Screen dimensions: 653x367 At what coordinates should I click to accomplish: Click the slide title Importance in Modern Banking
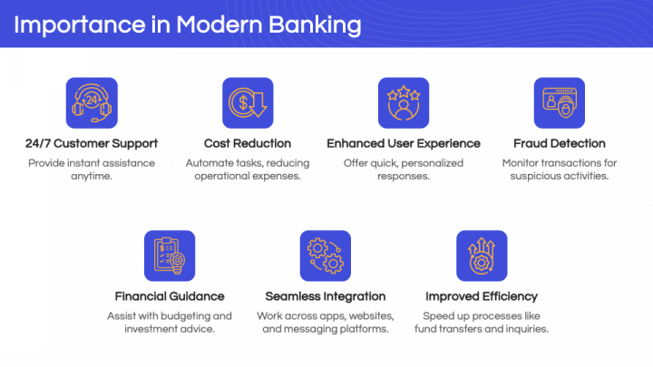[x=188, y=25]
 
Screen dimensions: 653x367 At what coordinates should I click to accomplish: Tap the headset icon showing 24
[x=92, y=102]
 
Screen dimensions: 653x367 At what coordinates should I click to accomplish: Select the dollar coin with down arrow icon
[x=248, y=102]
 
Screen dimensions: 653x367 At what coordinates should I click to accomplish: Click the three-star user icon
[x=404, y=102]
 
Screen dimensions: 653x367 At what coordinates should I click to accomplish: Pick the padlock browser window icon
[x=560, y=102]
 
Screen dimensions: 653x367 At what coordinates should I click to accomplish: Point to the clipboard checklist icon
[x=170, y=256]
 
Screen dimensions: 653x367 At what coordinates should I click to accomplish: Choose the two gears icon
[x=326, y=256]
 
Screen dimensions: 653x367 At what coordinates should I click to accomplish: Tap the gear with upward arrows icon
[x=482, y=256]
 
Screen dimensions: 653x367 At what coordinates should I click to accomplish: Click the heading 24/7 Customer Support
[x=92, y=143]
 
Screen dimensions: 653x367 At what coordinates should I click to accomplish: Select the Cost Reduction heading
[x=248, y=143]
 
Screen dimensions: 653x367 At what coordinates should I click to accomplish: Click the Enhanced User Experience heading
[x=404, y=143]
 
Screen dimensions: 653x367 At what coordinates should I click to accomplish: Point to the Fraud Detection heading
[x=560, y=143]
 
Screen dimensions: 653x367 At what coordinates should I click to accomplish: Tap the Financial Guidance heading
[x=170, y=296]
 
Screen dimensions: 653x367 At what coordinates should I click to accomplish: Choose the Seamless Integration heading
[x=326, y=296]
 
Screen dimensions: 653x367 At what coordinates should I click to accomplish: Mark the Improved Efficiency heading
[x=482, y=296]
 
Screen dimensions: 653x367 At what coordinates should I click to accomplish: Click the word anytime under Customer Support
[x=92, y=177]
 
